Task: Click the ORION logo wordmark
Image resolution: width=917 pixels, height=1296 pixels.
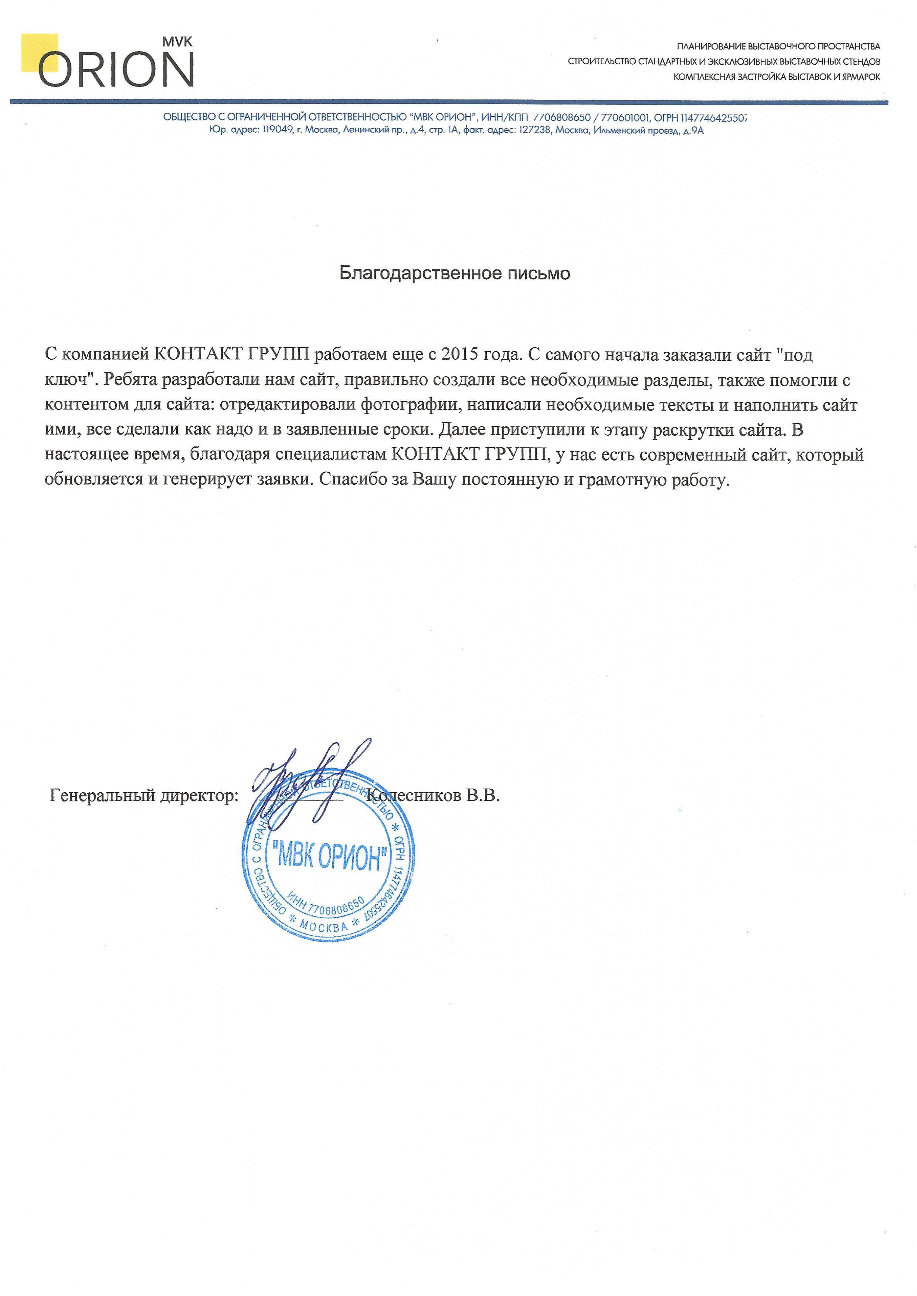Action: coord(116,69)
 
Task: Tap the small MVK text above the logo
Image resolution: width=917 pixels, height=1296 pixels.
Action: coord(177,42)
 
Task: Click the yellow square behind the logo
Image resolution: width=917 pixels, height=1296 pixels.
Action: coord(40,52)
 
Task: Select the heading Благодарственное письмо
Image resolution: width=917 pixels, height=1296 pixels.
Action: coord(455,274)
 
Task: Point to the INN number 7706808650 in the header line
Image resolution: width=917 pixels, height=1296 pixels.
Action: coord(561,118)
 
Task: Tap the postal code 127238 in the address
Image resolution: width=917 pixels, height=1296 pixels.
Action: coord(536,131)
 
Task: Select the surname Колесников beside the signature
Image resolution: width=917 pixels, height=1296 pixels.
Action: coord(415,796)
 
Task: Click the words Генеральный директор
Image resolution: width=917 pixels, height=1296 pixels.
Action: coord(144,796)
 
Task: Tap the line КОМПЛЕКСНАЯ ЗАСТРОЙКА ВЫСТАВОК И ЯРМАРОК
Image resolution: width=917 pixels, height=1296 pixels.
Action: coord(777,77)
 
